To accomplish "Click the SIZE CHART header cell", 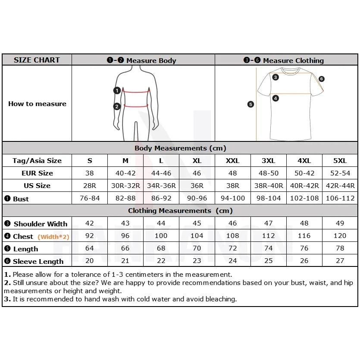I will [37, 60].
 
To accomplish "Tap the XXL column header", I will [232, 161].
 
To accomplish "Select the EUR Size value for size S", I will [90, 173].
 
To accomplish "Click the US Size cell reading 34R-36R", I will [161, 186].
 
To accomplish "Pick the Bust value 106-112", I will [340, 198].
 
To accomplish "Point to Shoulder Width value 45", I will [197, 223].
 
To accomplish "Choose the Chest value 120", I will [340, 236].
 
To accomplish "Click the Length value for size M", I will [125, 249].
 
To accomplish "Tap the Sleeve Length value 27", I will [340, 261].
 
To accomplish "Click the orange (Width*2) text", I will [53, 237].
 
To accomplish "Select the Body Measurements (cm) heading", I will [180, 148].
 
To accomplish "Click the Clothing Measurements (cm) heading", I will [180, 211].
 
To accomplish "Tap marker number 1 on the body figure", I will [117, 91].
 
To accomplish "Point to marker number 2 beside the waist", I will [117, 106].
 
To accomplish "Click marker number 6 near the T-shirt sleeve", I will [322, 79].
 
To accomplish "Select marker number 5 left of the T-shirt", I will [250, 104].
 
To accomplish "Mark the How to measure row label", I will [37, 104].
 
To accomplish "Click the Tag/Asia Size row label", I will [37, 161].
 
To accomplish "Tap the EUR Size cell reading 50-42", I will [304, 173].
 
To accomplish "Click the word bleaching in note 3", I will [222, 299].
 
